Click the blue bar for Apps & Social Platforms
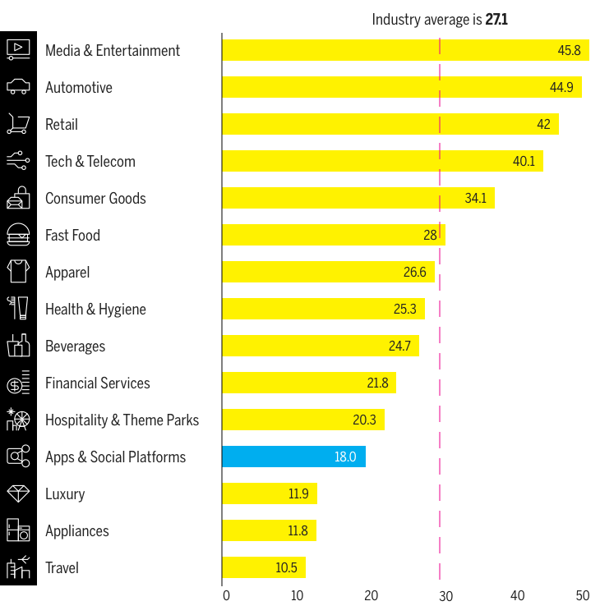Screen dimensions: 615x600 [x=293, y=457]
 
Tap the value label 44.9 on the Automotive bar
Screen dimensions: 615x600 [x=563, y=87]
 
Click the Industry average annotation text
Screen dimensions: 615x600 [x=440, y=19]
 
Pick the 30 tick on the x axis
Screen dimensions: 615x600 [x=445, y=595]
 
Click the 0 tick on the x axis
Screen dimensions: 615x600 [x=227, y=595]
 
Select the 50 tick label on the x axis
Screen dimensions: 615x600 [x=583, y=595]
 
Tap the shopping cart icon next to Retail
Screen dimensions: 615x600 [x=18, y=124]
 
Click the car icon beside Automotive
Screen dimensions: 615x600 [x=18, y=87]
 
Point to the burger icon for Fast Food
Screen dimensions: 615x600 [x=18, y=235]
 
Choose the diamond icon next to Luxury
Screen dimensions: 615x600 [x=18, y=493]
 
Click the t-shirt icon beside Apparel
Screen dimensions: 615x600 [x=18, y=272]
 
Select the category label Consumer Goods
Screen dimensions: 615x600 [x=95, y=198]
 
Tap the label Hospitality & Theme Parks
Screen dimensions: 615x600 [x=122, y=420]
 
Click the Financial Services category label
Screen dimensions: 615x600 [x=98, y=383]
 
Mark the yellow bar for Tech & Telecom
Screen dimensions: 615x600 [x=382, y=161]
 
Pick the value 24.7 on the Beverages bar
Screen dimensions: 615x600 [x=399, y=346]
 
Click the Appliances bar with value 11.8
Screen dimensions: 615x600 [x=269, y=530]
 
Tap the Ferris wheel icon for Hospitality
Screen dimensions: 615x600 [x=18, y=420]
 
